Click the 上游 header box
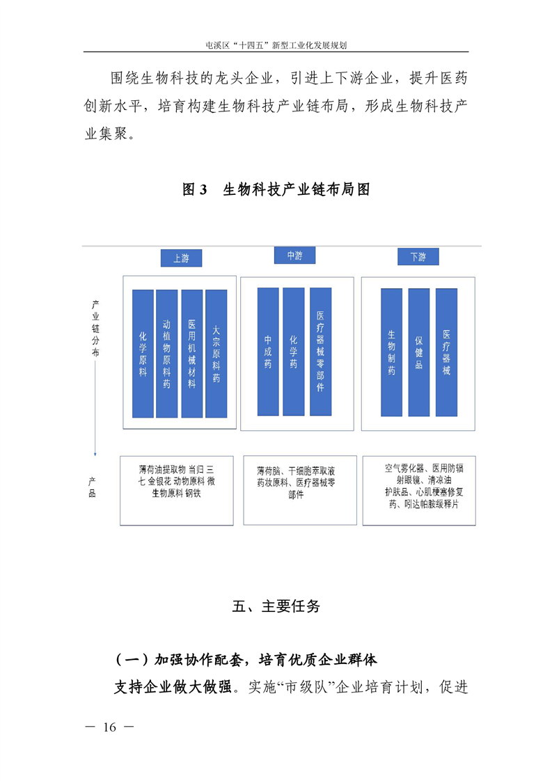click(x=182, y=258)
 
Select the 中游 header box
click(x=295, y=255)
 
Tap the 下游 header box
click(x=418, y=257)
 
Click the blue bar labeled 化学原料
click(x=143, y=354)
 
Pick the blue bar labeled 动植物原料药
click(x=167, y=354)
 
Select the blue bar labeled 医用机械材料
click(x=192, y=354)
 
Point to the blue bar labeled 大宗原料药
click(x=216, y=354)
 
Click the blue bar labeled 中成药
click(x=268, y=352)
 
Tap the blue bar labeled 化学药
click(x=294, y=352)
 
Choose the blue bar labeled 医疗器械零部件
click(x=320, y=352)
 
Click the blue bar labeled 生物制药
click(x=392, y=353)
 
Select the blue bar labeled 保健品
click(x=419, y=353)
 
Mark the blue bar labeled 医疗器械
click(x=446, y=353)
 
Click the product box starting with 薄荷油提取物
click(x=177, y=491)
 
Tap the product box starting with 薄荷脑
click(x=300, y=490)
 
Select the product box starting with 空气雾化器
click(x=419, y=491)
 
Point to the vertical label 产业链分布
click(x=95, y=329)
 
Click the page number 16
click(x=109, y=727)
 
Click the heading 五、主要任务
click(x=276, y=606)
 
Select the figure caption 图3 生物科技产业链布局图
click(x=276, y=189)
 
